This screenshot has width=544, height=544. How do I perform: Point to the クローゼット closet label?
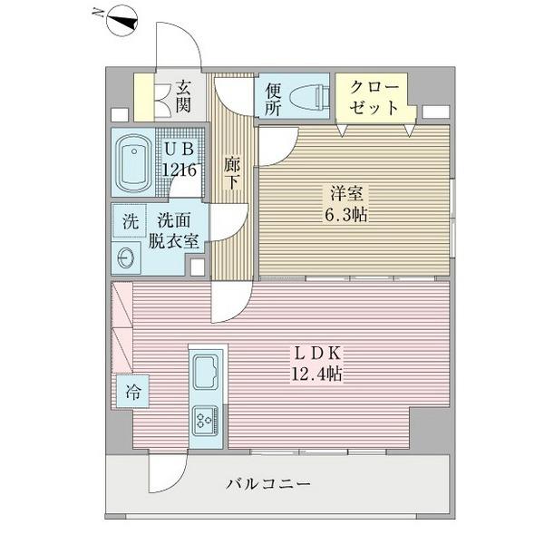(374, 97)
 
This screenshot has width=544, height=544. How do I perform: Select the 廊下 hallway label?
(231, 172)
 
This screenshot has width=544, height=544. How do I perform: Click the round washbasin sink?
(126, 257)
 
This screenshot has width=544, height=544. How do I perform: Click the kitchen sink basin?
(206, 372)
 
